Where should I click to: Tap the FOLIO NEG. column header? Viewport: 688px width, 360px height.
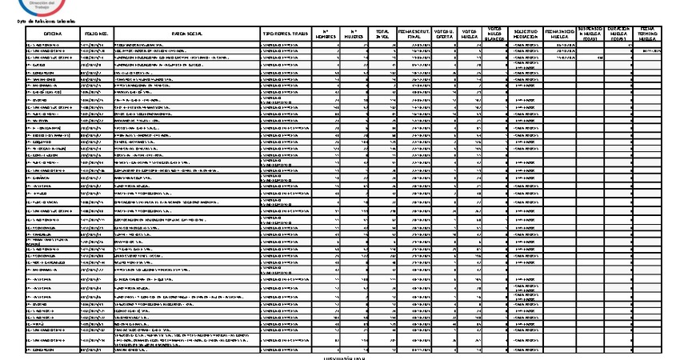[97, 34]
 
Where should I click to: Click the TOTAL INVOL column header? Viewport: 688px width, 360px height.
[382, 34]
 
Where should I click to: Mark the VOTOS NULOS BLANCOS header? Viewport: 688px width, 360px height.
[496, 34]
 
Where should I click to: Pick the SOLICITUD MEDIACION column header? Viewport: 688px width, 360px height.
[527, 34]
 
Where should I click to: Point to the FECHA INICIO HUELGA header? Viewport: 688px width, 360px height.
[561, 34]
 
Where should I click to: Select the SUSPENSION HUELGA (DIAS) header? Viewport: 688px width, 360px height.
[594, 33]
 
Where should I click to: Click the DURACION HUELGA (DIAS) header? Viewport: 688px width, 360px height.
[624, 33]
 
